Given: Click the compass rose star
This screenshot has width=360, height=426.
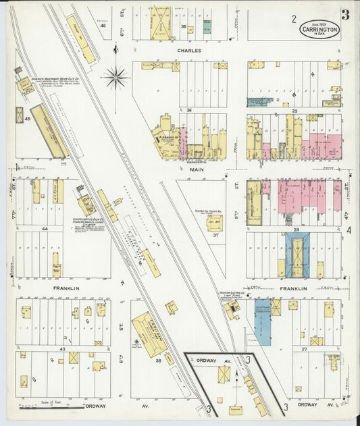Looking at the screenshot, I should (116, 78).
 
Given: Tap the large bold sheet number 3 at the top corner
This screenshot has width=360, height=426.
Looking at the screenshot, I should (345, 16).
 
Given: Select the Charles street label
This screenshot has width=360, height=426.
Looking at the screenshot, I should (190, 50).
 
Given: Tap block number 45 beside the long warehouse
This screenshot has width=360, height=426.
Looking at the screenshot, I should (28, 119).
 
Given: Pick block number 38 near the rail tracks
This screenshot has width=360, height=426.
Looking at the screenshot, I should (159, 361).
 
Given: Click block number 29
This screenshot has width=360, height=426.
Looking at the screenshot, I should (294, 109).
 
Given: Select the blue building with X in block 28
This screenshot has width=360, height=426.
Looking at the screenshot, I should (297, 255).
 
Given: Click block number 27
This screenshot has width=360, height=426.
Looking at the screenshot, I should (304, 349).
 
